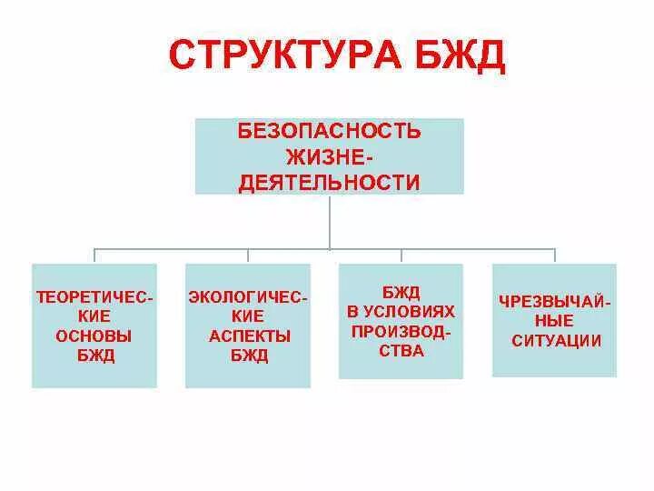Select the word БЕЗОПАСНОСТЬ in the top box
click(x=329, y=131)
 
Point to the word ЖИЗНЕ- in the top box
click(x=329, y=156)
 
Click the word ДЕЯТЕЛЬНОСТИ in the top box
click(x=329, y=183)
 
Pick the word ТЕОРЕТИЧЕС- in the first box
click(x=94, y=297)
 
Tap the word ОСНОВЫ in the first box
click(x=94, y=336)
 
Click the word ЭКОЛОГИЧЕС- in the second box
click(x=248, y=297)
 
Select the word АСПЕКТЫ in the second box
click(x=248, y=336)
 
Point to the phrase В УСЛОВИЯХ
click(x=401, y=311)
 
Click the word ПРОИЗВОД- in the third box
click(x=401, y=331)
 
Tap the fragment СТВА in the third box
click(x=401, y=351)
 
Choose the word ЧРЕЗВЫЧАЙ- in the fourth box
click(x=554, y=302)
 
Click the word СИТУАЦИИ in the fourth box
click(x=554, y=341)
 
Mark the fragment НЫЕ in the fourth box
click(x=554, y=321)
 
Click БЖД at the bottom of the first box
click(x=94, y=356)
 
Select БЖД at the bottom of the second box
click(x=248, y=356)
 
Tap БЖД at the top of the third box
click(x=401, y=292)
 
